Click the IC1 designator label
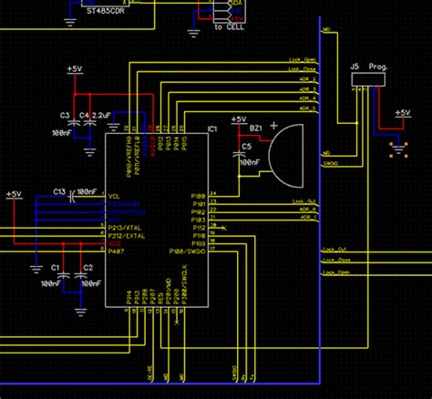(212, 130)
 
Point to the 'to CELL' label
(228, 28)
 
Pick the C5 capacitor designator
(246, 146)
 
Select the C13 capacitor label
(58, 192)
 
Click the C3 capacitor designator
(65, 115)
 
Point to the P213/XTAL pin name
(125, 226)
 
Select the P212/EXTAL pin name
(126, 234)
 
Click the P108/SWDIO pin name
(188, 251)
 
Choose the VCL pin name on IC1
(114, 195)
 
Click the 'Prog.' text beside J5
(378, 66)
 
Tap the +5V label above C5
(238, 120)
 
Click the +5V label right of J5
(402, 113)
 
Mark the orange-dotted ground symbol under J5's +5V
(398, 147)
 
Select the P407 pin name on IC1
(116, 251)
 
